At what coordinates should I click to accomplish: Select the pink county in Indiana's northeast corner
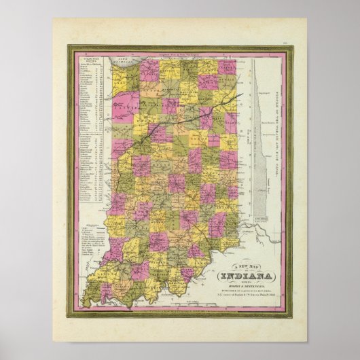point(227,67)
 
